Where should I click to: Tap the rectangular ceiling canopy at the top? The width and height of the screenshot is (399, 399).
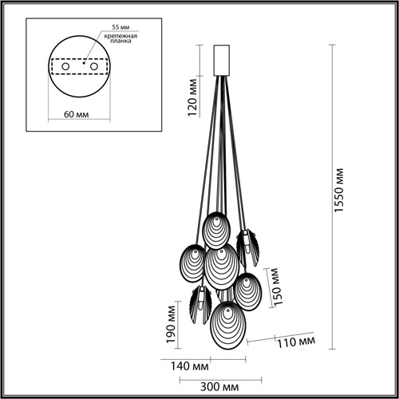223,58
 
